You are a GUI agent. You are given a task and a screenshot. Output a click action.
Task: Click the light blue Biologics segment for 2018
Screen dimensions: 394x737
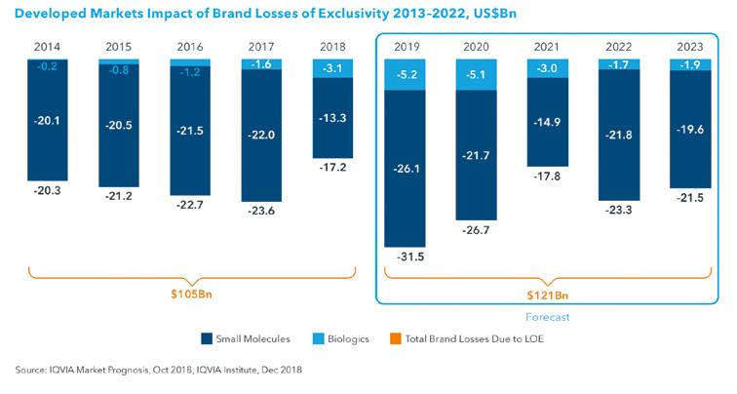point(334,68)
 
